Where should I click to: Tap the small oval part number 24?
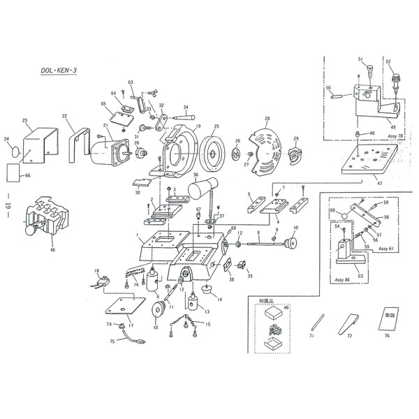[x=11, y=148]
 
